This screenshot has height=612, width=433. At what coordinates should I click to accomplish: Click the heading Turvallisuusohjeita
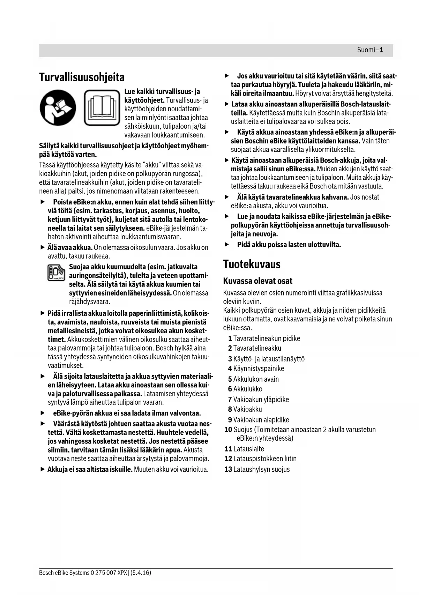point(82,77)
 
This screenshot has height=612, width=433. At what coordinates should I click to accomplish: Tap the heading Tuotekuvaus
point(252,264)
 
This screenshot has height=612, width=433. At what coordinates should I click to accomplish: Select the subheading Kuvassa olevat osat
point(257,281)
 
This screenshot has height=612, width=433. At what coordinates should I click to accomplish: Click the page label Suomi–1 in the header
point(370,50)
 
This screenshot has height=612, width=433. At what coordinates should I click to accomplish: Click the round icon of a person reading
point(58,108)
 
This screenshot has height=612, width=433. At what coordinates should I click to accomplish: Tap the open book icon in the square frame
point(102,108)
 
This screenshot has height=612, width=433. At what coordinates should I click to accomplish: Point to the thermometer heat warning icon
point(56,273)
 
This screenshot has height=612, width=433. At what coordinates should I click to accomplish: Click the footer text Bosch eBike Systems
point(65,573)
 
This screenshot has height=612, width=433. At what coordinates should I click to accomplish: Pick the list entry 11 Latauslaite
point(244,449)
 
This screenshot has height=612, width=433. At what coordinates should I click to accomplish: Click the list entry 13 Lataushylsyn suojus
point(257,469)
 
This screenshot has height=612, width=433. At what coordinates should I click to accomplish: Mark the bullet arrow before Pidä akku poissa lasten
point(226,245)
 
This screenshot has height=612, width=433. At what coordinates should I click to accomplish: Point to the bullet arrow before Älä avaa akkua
point(43,247)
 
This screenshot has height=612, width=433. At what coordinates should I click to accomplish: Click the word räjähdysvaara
point(90,301)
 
